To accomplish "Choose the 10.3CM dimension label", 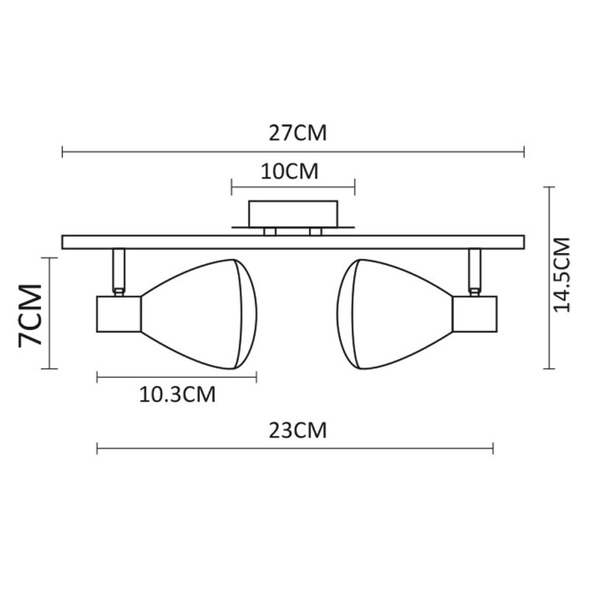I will click(x=177, y=395).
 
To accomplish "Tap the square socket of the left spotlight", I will click(x=119, y=314).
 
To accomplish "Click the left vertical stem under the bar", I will click(x=118, y=270).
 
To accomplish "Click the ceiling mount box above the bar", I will click(x=293, y=214).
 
